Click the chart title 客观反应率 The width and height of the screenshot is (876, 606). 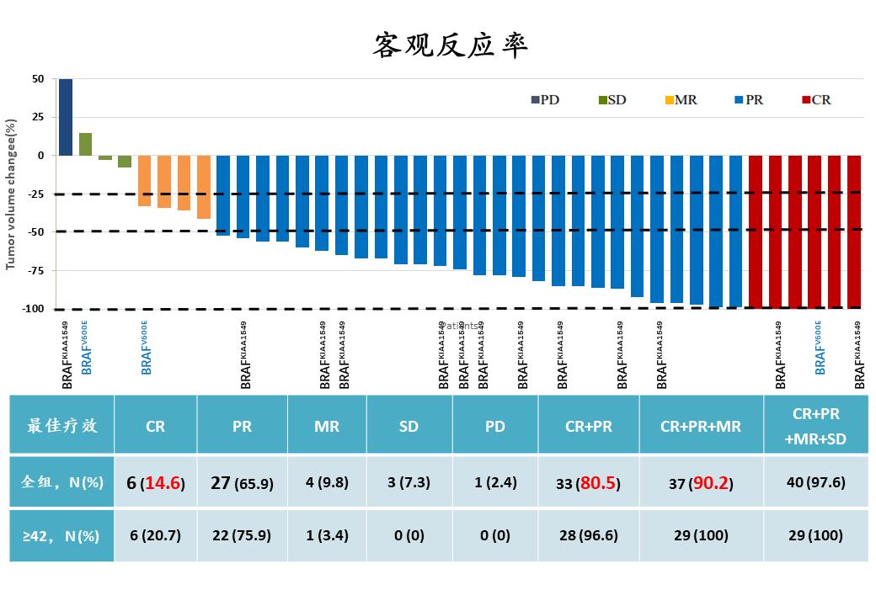[x=450, y=45]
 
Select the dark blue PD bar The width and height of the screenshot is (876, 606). [x=65, y=117]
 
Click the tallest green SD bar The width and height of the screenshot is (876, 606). [x=85, y=144]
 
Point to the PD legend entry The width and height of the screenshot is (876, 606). [x=545, y=99]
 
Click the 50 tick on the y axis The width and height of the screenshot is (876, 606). [x=38, y=79]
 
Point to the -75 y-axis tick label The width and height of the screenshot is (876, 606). [x=35, y=270]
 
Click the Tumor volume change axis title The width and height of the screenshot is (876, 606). [x=12, y=194]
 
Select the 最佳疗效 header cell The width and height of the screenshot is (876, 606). [x=62, y=426]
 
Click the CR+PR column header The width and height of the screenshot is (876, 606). [x=588, y=426]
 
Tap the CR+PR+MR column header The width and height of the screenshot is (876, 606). [x=701, y=426]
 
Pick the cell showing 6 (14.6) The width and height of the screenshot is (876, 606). [x=156, y=482]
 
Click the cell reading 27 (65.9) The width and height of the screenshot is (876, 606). [x=242, y=482]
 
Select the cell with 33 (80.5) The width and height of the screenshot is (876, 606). [x=588, y=483]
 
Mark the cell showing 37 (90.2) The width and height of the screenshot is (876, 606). [x=701, y=483]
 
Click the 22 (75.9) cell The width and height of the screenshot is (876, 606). [x=242, y=535]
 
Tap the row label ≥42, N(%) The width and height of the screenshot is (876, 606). [x=62, y=535]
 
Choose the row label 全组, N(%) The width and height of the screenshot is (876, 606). [x=62, y=482]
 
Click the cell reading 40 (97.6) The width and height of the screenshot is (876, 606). [x=815, y=482]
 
